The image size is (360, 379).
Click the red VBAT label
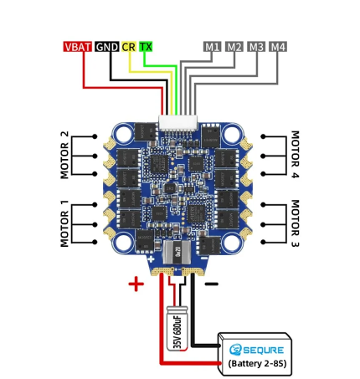tap(77, 47)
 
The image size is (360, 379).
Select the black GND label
tap(107, 47)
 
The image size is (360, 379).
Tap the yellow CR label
tap(129, 47)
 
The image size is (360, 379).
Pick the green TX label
tap(146, 47)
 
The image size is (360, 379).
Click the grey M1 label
tap(212, 47)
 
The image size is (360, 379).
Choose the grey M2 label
tap(234, 47)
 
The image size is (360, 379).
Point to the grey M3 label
tap(256, 47)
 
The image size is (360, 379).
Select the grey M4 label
tap(278, 47)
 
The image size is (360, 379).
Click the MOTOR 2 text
tap(64, 155)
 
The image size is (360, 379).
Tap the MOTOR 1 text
tap(64, 223)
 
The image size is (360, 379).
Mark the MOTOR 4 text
tap(295, 154)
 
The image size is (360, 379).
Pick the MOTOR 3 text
tap(295, 223)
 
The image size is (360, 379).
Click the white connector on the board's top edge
tap(178, 123)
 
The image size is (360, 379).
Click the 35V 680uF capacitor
tap(177, 328)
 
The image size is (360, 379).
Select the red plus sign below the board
tap(136, 284)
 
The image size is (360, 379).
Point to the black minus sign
tap(212, 284)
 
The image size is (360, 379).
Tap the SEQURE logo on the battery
tap(256, 350)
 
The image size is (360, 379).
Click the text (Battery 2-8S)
tap(257, 364)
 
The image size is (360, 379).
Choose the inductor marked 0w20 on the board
tap(177, 252)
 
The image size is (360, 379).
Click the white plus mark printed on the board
tap(151, 259)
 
